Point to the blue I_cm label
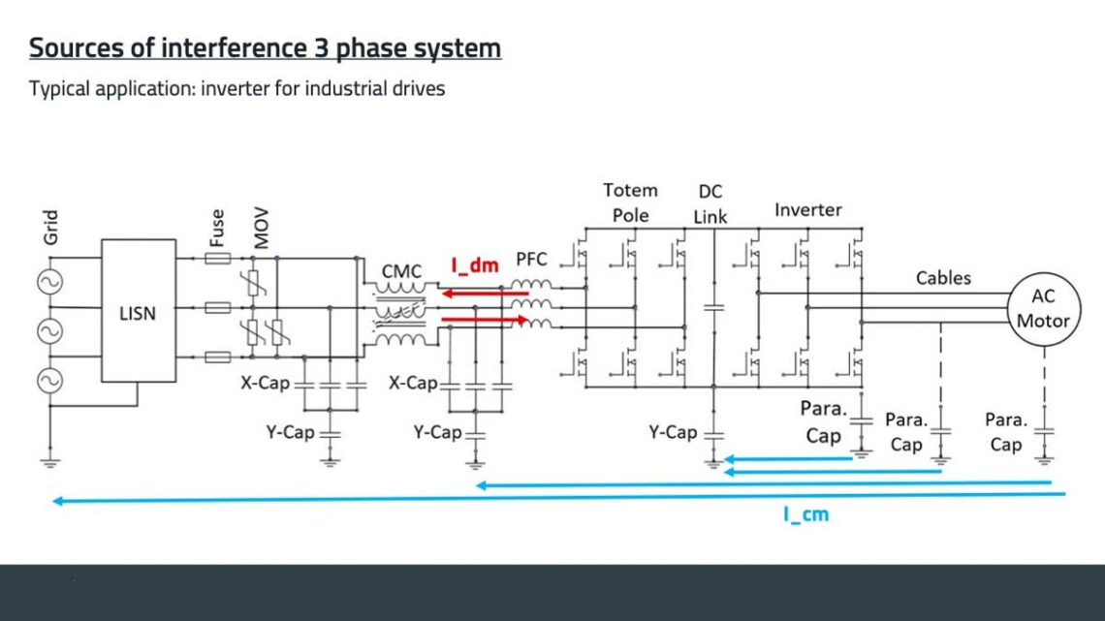pos(805,514)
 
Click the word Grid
pos(51,227)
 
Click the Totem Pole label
pos(630,202)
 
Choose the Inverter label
pos(808,209)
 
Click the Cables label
pos(943,278)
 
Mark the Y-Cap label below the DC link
pos(673,432)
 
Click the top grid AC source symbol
pos(45,282)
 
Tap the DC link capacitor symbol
pos(713,307)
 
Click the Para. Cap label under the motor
pos(1005,432)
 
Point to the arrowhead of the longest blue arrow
pos(57,501)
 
